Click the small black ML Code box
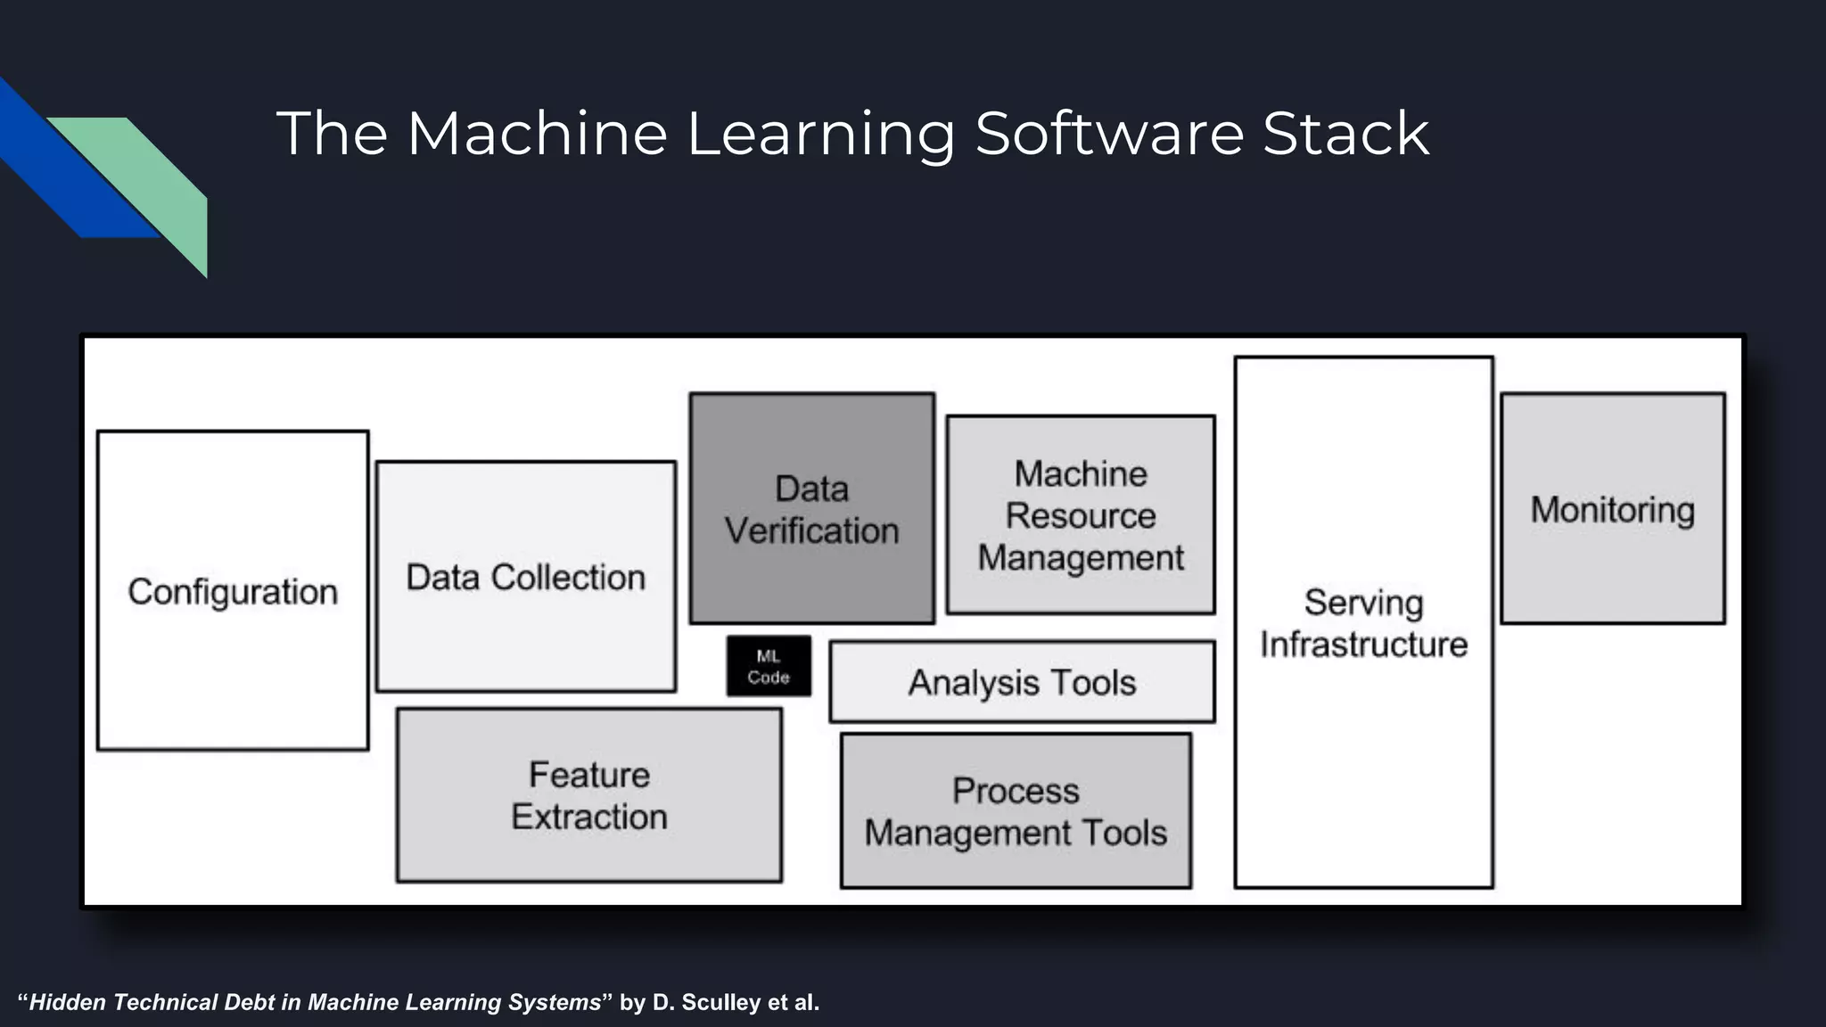(769, 667)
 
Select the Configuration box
(233, 591)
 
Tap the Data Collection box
(526, 577)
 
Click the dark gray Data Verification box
(811, 509)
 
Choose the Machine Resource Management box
(1081, 515)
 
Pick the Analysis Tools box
(1022, 683)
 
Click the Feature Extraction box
(589, 795)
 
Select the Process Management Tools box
(1016, 811)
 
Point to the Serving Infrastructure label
(1363, 623)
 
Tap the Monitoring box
(1612, 509)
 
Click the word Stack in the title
(1345, 134)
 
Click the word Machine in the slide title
(537, 134)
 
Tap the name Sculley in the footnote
(722, 1003)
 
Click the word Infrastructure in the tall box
(1363, 645)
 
